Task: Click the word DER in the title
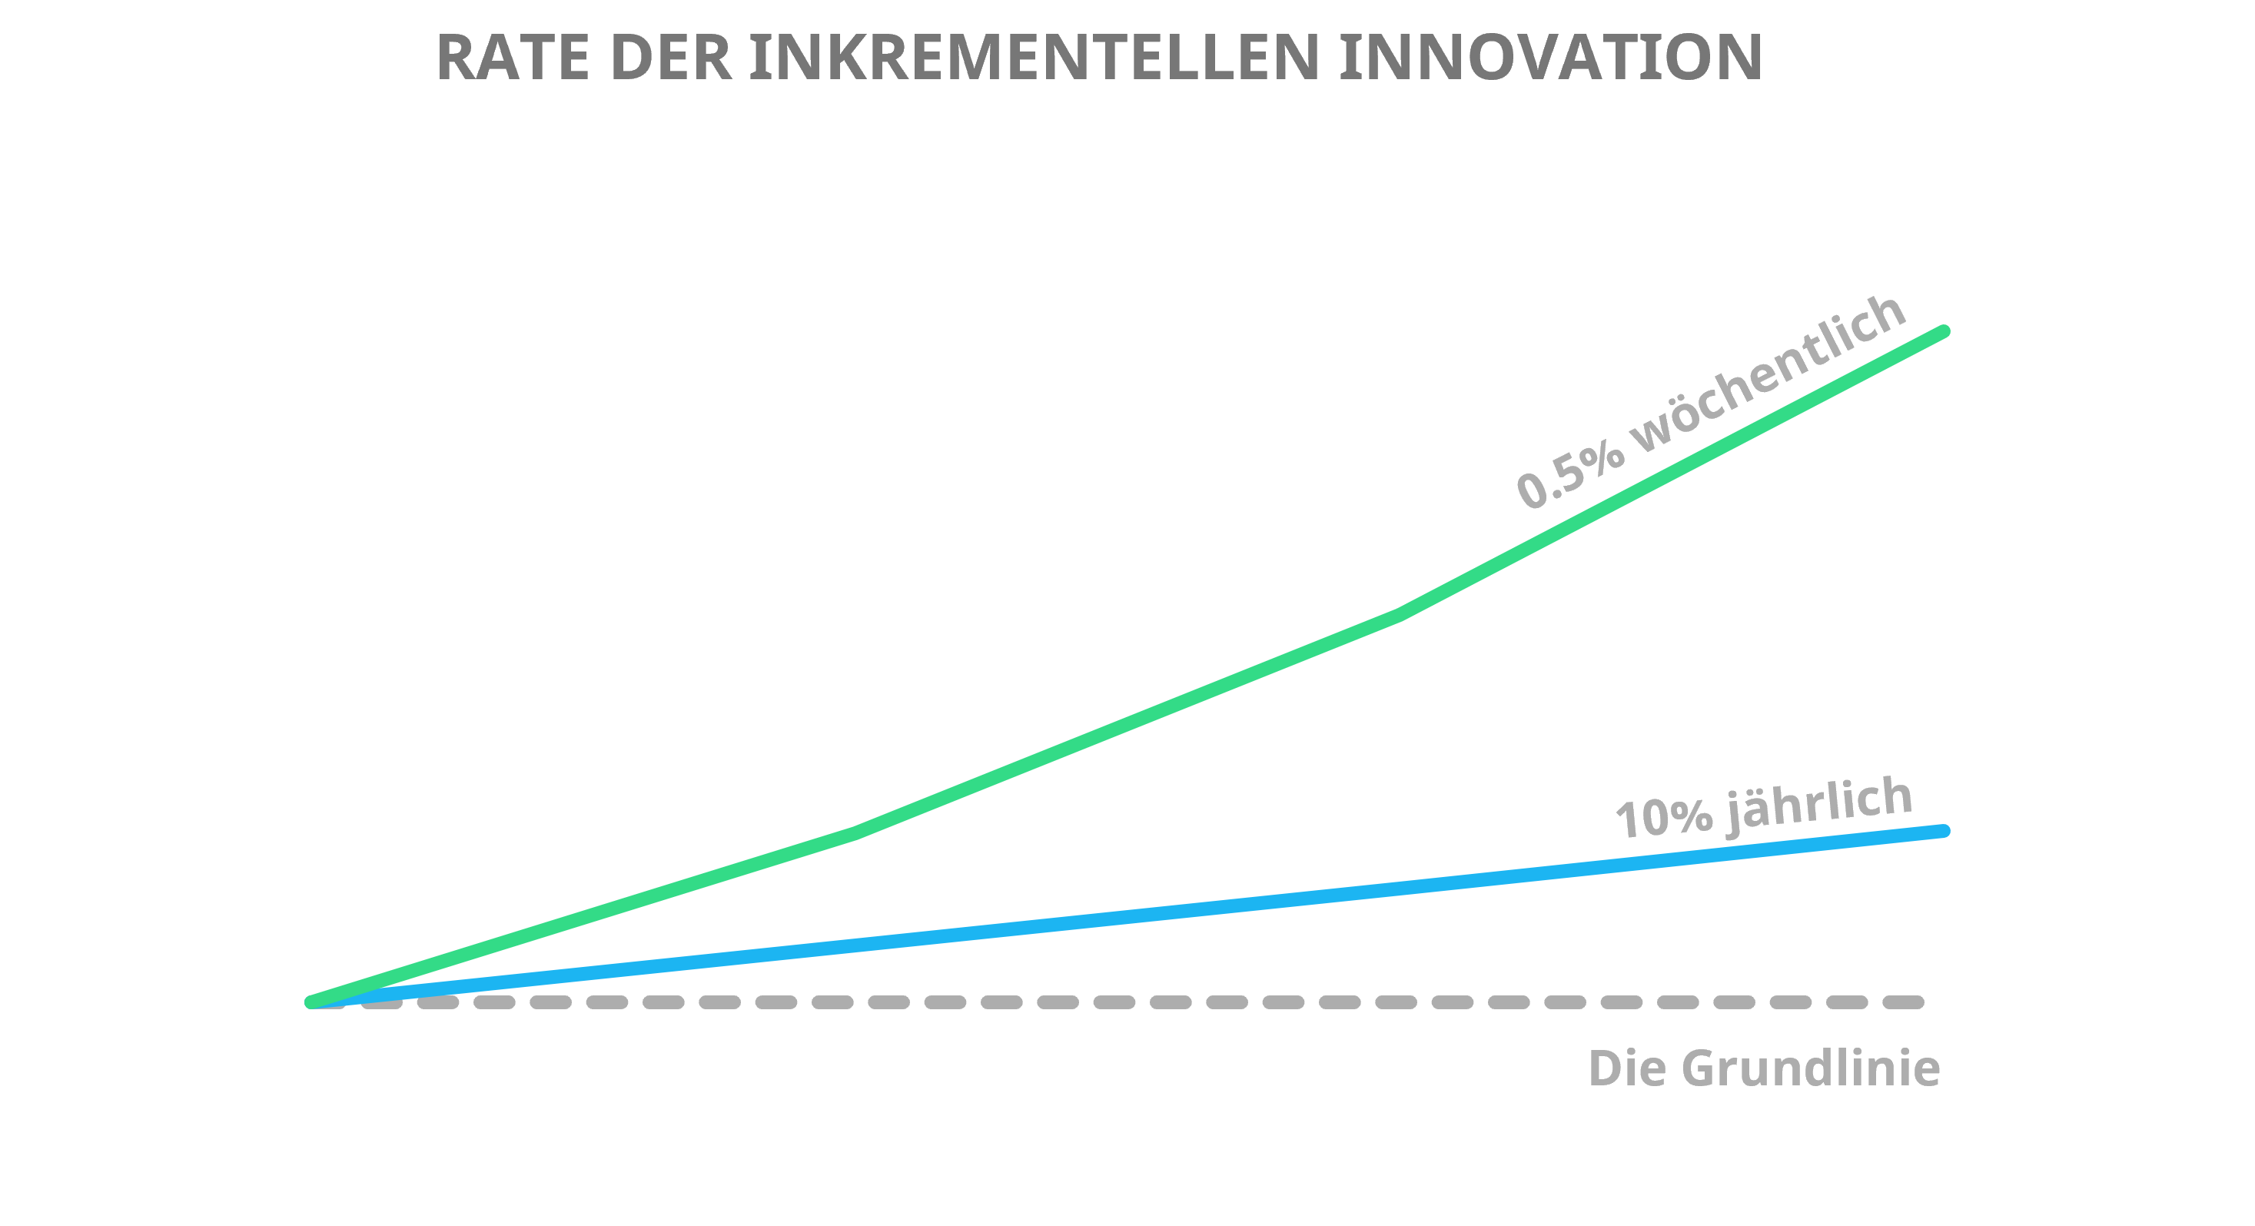669,58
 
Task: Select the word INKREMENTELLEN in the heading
1034,58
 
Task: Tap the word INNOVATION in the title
1550,58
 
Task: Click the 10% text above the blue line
1663,818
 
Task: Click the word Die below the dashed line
1626,1068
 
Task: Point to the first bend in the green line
854,832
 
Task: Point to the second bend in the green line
1398,616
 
